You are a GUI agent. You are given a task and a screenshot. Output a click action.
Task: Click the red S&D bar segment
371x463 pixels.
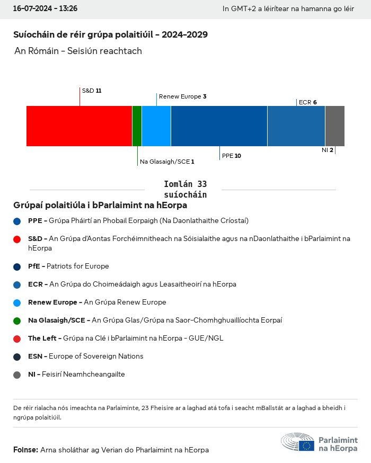pyautogui.click(x=79, y=126)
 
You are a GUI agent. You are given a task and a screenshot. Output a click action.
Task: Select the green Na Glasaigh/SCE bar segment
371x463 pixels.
pyautogui.click(x=137, y=126)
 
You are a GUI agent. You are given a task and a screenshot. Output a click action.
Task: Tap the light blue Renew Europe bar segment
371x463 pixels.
pyautogui.click(x=156, y=126)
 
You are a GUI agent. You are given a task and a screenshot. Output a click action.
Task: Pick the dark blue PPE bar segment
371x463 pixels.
pyautogui.click(x=219, y=126)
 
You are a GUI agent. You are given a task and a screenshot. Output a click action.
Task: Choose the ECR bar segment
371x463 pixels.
pyautogui.click(x=296, y=126)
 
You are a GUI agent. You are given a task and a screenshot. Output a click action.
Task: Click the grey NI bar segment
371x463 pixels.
pyautogui.click(x=334, y=126)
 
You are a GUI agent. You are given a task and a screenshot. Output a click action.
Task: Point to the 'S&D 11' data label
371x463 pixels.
pyautogui.click(x=91, y=91)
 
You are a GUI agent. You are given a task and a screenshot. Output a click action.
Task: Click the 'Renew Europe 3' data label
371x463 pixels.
pyautogui.click(x=182, y=96)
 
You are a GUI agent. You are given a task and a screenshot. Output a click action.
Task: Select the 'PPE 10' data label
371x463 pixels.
pyautogui.click(x=231, y=156)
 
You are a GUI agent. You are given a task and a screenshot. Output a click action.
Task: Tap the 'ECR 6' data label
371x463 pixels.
pyautogui.click(x=307, y=102)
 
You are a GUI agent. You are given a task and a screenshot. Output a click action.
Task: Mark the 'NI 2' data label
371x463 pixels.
pyautogui.click(x=327, y=150)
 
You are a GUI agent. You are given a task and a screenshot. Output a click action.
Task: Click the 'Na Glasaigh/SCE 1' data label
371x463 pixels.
pyautogui.click(x=167, y=162)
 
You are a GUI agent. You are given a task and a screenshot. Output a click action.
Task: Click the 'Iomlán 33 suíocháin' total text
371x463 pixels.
pyautogui.click(x=185, y=189)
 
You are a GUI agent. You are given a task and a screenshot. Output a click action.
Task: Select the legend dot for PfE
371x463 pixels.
pyautogui.click(x=17, y=266)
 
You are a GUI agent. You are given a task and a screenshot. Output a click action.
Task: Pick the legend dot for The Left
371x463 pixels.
pyautogui.click(x=17, y=339)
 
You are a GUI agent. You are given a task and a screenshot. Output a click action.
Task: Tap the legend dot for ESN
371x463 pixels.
pyautogui.click(x=17, y=357)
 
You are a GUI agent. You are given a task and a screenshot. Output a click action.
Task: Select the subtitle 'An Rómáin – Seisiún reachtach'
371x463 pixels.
pyautogui.click(x=78, y=51)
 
